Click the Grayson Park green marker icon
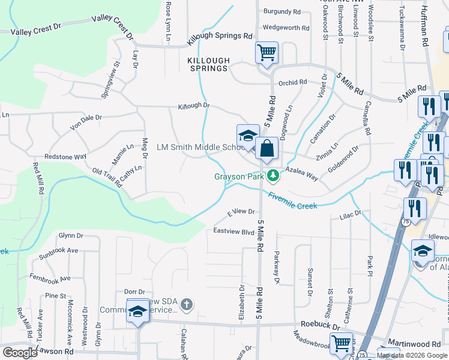[273, 176]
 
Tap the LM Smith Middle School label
[199, 147]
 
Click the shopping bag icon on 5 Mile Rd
[267, 148]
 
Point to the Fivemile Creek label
[292, 201]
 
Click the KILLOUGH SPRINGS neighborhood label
[208, 65]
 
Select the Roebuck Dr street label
[320, 325]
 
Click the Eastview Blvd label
[234, 231]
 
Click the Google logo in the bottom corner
[20, 353]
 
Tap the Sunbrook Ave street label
[58, 250]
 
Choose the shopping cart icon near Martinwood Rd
[342, 344]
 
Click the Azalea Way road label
[301, 174]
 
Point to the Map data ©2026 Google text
[412, 356]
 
